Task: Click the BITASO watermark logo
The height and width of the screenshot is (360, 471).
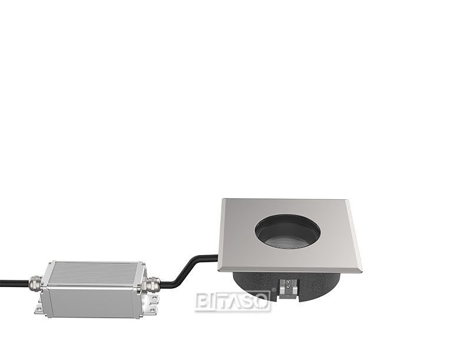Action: click(233, 301)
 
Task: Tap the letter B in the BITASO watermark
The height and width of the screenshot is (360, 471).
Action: click(203, 302)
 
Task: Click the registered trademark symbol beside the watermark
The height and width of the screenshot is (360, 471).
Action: click(273, 290)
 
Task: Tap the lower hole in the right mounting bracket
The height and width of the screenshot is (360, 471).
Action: click(152, 310)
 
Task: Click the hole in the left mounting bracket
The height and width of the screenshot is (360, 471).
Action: click(38, 308)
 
